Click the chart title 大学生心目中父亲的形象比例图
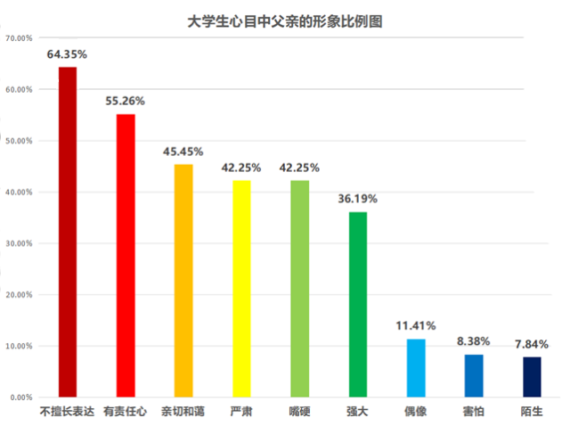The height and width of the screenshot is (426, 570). pos(285,20)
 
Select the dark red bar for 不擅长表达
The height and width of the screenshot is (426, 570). pos(68,232)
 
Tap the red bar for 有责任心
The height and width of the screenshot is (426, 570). pos(126,255)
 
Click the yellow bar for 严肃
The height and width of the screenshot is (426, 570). pos(241,288)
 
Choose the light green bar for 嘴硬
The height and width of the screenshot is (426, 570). pos(299,288)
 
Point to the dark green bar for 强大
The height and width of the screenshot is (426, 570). pos(357,304)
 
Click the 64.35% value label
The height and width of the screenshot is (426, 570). pos(68,54)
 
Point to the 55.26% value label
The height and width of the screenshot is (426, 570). pos(126,101)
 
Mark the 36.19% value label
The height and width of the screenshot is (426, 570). pos(357,199)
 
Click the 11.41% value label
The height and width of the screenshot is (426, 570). pos(416,325)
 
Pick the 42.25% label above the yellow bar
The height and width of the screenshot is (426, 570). pos(241,168)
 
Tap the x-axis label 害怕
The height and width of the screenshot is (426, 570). pos(474,413)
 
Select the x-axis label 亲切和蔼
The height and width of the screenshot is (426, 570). pos(183,413)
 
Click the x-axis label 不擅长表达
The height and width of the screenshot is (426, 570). pos(68,413)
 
